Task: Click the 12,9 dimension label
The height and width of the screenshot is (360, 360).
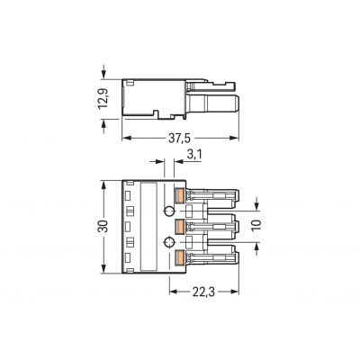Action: tap(103, 98)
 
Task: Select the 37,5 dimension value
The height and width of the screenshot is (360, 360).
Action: tap(179, 139)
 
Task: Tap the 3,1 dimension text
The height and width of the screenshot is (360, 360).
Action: tap(194, 155)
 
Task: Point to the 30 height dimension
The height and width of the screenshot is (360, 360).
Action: tap(103, 226)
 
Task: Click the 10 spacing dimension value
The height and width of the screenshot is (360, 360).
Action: tap(256, 225)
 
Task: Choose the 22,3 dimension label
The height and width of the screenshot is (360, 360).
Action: tap(204, 292)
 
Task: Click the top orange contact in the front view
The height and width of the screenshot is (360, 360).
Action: tap(179, 195)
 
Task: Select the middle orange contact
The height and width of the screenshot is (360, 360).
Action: tap(179, 227)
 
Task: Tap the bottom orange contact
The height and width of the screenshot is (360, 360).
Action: tap(179, 257)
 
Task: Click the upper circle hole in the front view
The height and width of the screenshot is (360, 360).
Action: tap(169, 211)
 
